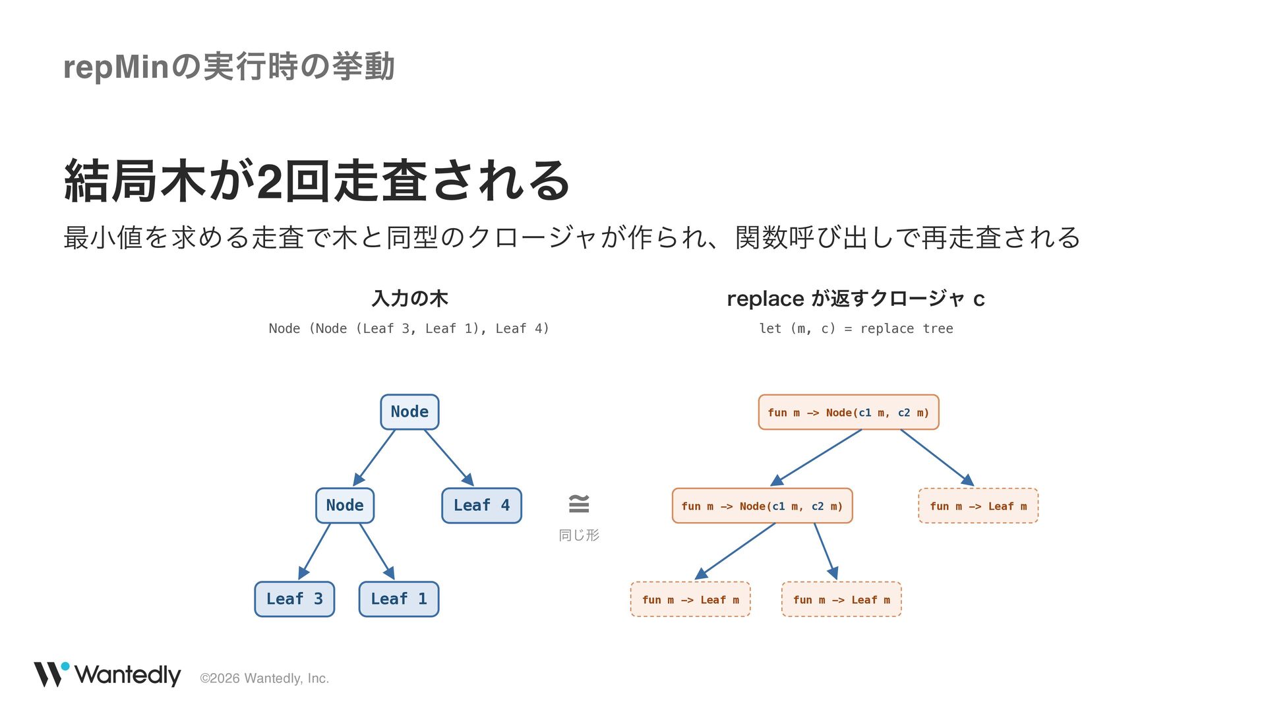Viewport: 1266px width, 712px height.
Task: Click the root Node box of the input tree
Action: [409, 412]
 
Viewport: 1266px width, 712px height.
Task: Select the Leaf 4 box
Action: [481, 506]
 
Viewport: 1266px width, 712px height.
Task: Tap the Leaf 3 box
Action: [294, 599]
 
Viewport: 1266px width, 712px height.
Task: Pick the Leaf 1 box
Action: [399, 599]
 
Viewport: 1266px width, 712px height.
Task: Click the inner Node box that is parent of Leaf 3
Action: [345, 506]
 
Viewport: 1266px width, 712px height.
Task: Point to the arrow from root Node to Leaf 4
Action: [449, 458]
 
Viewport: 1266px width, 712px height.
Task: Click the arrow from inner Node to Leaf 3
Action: [314, 552]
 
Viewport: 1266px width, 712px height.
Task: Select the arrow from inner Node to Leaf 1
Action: [377, 552]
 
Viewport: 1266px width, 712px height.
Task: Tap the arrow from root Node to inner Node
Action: [374, 458]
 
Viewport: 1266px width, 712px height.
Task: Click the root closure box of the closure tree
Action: [849, 412]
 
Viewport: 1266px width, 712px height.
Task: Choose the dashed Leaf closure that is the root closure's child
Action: [979, 506]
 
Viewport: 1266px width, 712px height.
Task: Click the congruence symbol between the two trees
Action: [579, 504]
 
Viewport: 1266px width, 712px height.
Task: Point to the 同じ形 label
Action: [579, 535]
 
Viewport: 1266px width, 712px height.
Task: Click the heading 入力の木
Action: [409, 299]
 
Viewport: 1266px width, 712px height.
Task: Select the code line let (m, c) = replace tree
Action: [856, 328]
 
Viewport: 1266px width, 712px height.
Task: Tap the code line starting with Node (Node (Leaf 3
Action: [409, 328]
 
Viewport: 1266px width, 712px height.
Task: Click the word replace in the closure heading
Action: [766, 299]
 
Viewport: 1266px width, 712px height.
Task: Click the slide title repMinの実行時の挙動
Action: [229, 67]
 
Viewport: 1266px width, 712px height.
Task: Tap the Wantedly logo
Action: [107, 674]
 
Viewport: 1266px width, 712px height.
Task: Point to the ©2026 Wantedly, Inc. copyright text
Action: [264, 678]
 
